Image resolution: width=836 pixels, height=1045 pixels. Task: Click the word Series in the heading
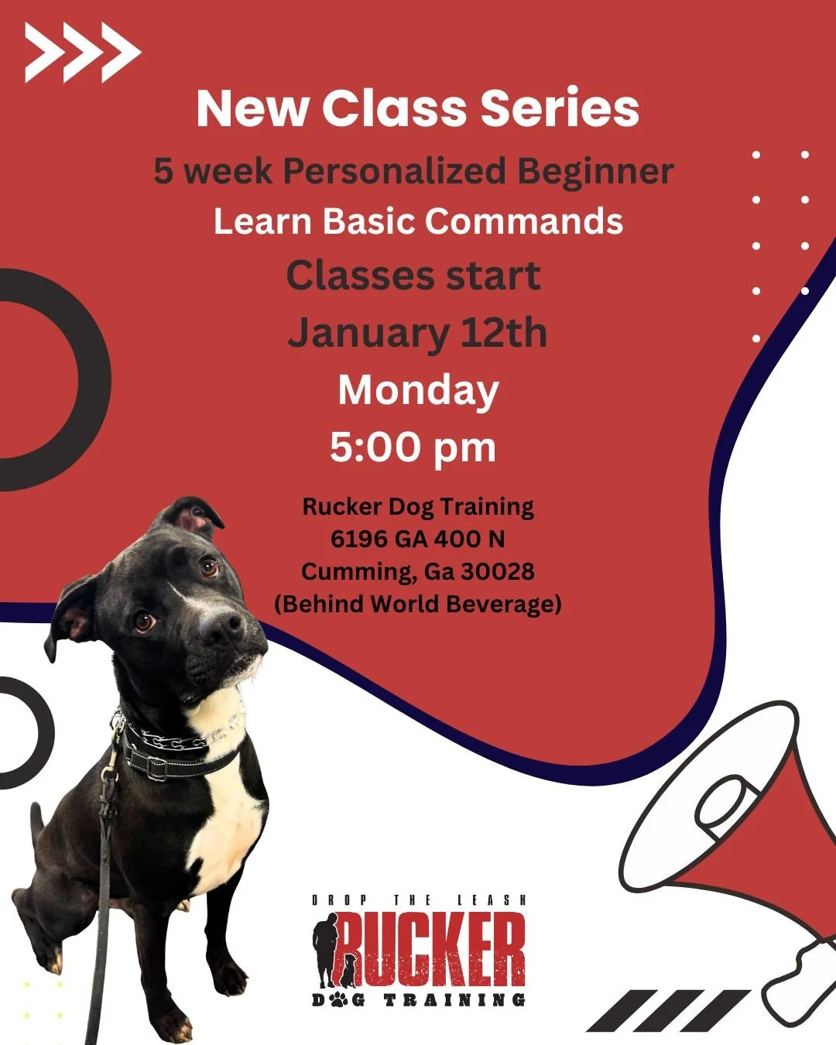point(560,108)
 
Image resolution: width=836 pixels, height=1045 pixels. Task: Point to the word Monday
point(418,390)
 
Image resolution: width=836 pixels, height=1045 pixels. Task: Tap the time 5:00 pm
point(413,447)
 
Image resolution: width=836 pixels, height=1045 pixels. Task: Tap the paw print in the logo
point(341,1000)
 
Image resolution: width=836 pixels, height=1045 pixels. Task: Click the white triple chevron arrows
point(82,53)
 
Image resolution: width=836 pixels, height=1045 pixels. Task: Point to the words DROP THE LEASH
point(419,900)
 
